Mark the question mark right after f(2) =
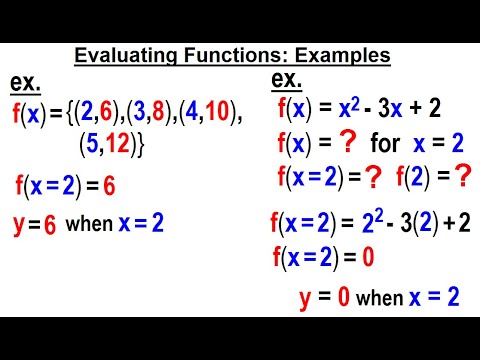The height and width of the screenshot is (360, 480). click(462, 178)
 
